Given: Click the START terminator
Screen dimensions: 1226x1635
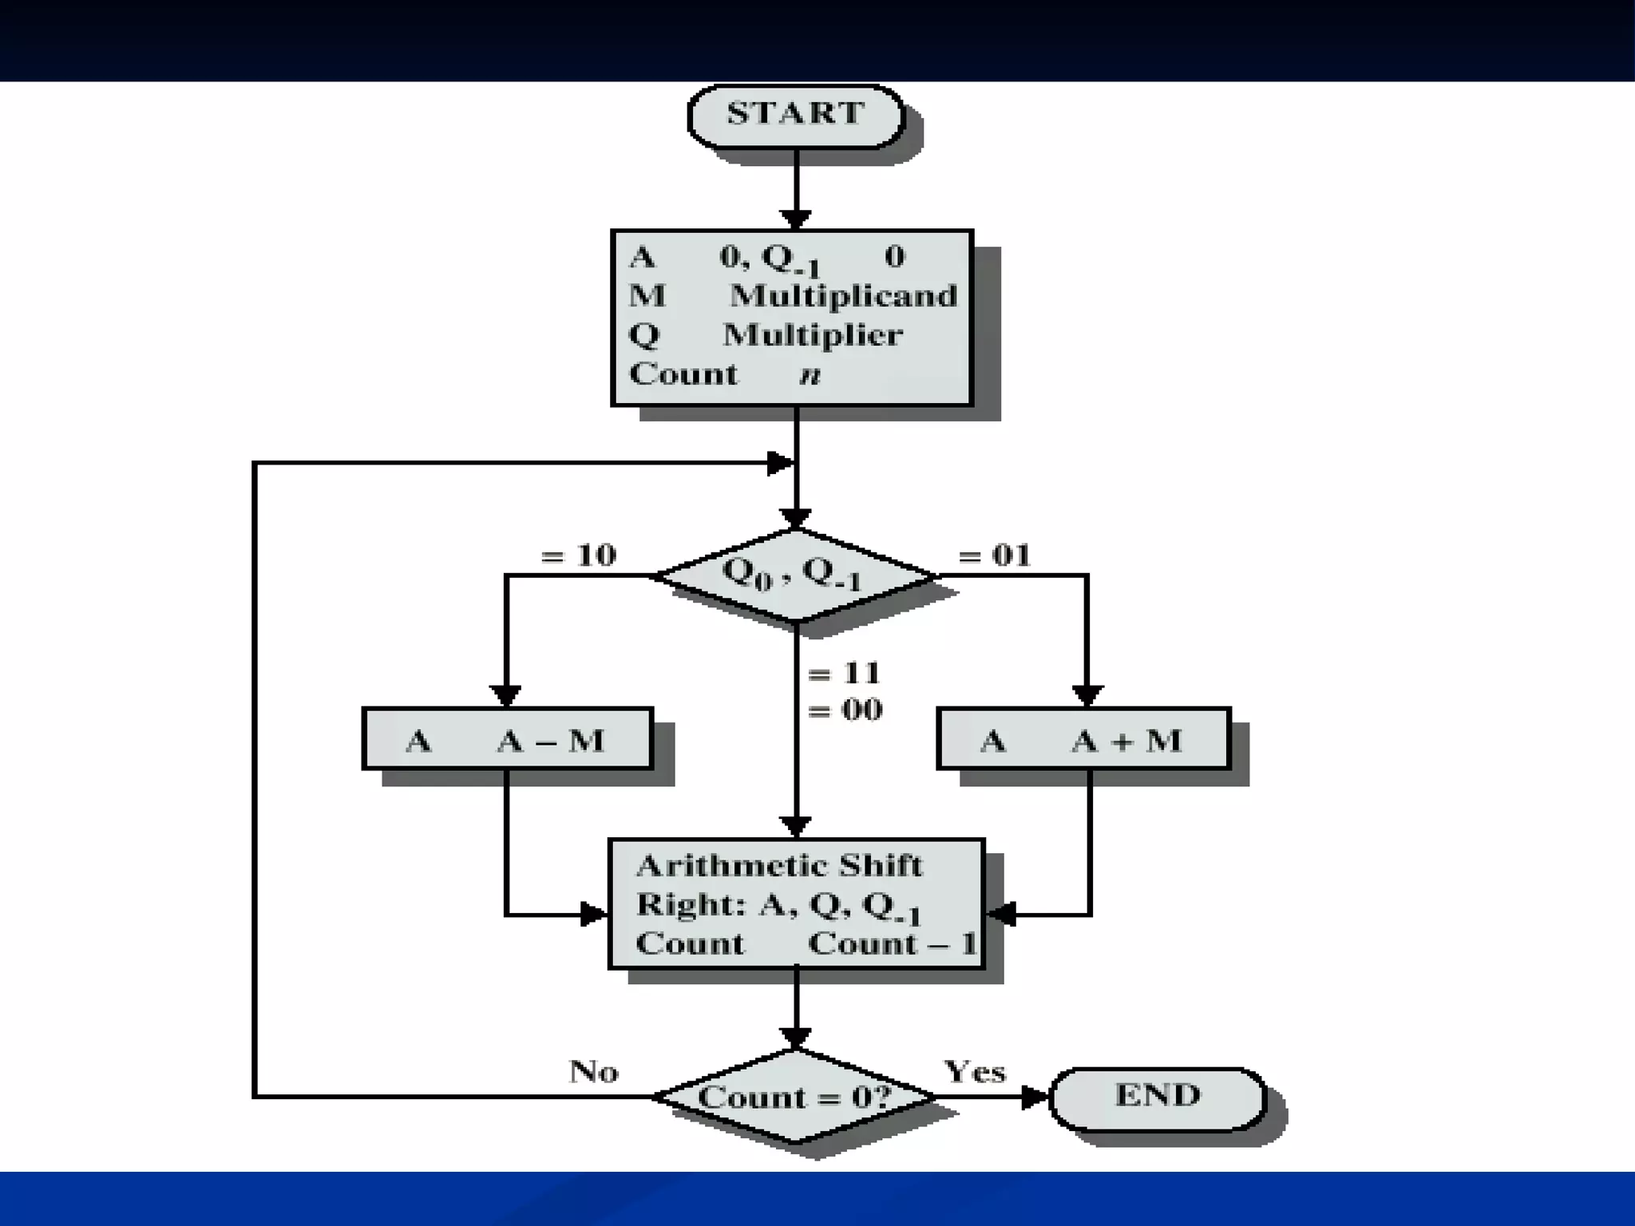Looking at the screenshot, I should tap(796, 115).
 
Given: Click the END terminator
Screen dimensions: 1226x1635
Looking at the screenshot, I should tap(1158, 1097).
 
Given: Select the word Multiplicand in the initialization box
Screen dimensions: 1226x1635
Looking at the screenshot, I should tap(844, 296).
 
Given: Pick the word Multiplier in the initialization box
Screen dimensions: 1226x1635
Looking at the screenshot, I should tap(813, 335).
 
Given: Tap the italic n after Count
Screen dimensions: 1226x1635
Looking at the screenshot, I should tap(810, 375).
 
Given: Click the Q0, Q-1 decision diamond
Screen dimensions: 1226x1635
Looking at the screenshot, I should tap(795, 575).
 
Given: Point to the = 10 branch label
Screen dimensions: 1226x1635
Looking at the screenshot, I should tap(579, 555).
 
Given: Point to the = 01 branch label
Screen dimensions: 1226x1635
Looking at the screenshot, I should tap(995, 555).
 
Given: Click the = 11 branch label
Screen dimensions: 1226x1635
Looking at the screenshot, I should tap(845, 674).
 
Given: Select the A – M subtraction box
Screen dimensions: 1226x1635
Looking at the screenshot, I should tap(508, 739).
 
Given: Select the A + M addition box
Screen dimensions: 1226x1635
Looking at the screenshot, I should tap(1083, 739).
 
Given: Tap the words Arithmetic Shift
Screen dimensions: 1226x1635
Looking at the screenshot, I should tap(779, 866).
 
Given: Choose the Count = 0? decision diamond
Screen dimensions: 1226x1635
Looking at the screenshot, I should tap(795, 1097).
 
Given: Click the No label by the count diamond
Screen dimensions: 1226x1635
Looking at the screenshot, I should tap(594, 1071).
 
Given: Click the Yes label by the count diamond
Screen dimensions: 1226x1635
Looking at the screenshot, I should tap(975, 1071).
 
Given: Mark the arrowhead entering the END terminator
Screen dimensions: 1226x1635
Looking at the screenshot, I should tap(1035, 1097).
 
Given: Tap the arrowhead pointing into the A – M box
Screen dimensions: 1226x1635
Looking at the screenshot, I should tap(505, 696).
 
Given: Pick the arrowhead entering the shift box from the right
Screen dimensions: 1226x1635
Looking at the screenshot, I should tap(1001, 914).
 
